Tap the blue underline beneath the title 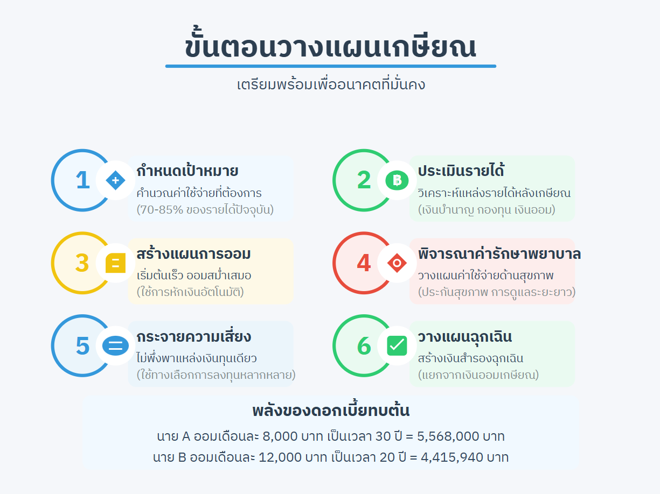[330, 66]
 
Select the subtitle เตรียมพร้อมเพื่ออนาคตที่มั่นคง [331, 84]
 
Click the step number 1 [82, 180]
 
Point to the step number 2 [364, 180]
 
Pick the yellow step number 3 [82, 263]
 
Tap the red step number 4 [364, 263]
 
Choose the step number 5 [82, 346]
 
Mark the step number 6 [364, 346]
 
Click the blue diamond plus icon [115, 180]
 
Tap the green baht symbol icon [397, 180]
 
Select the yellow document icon [115, 263]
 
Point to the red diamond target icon [397, 263]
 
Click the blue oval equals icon [115, 345]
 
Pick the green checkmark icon [397, 345]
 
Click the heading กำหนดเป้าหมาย [187, 171]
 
